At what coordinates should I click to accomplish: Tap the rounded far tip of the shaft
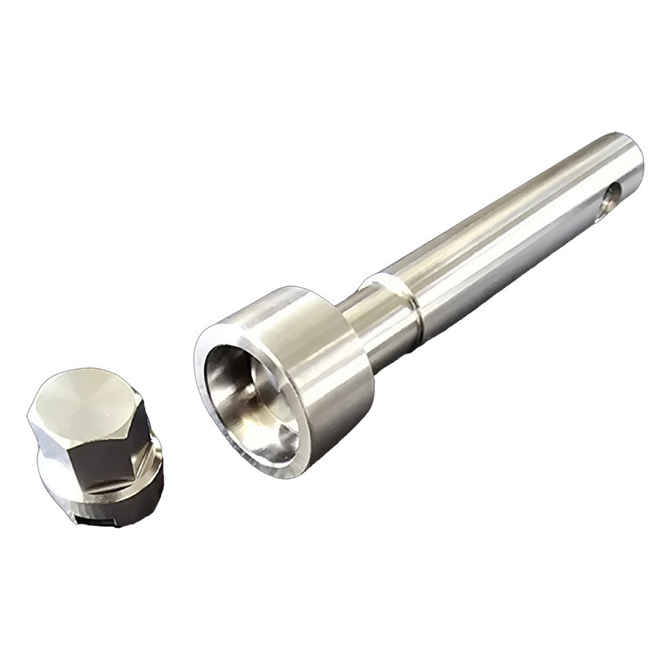[634, 157]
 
